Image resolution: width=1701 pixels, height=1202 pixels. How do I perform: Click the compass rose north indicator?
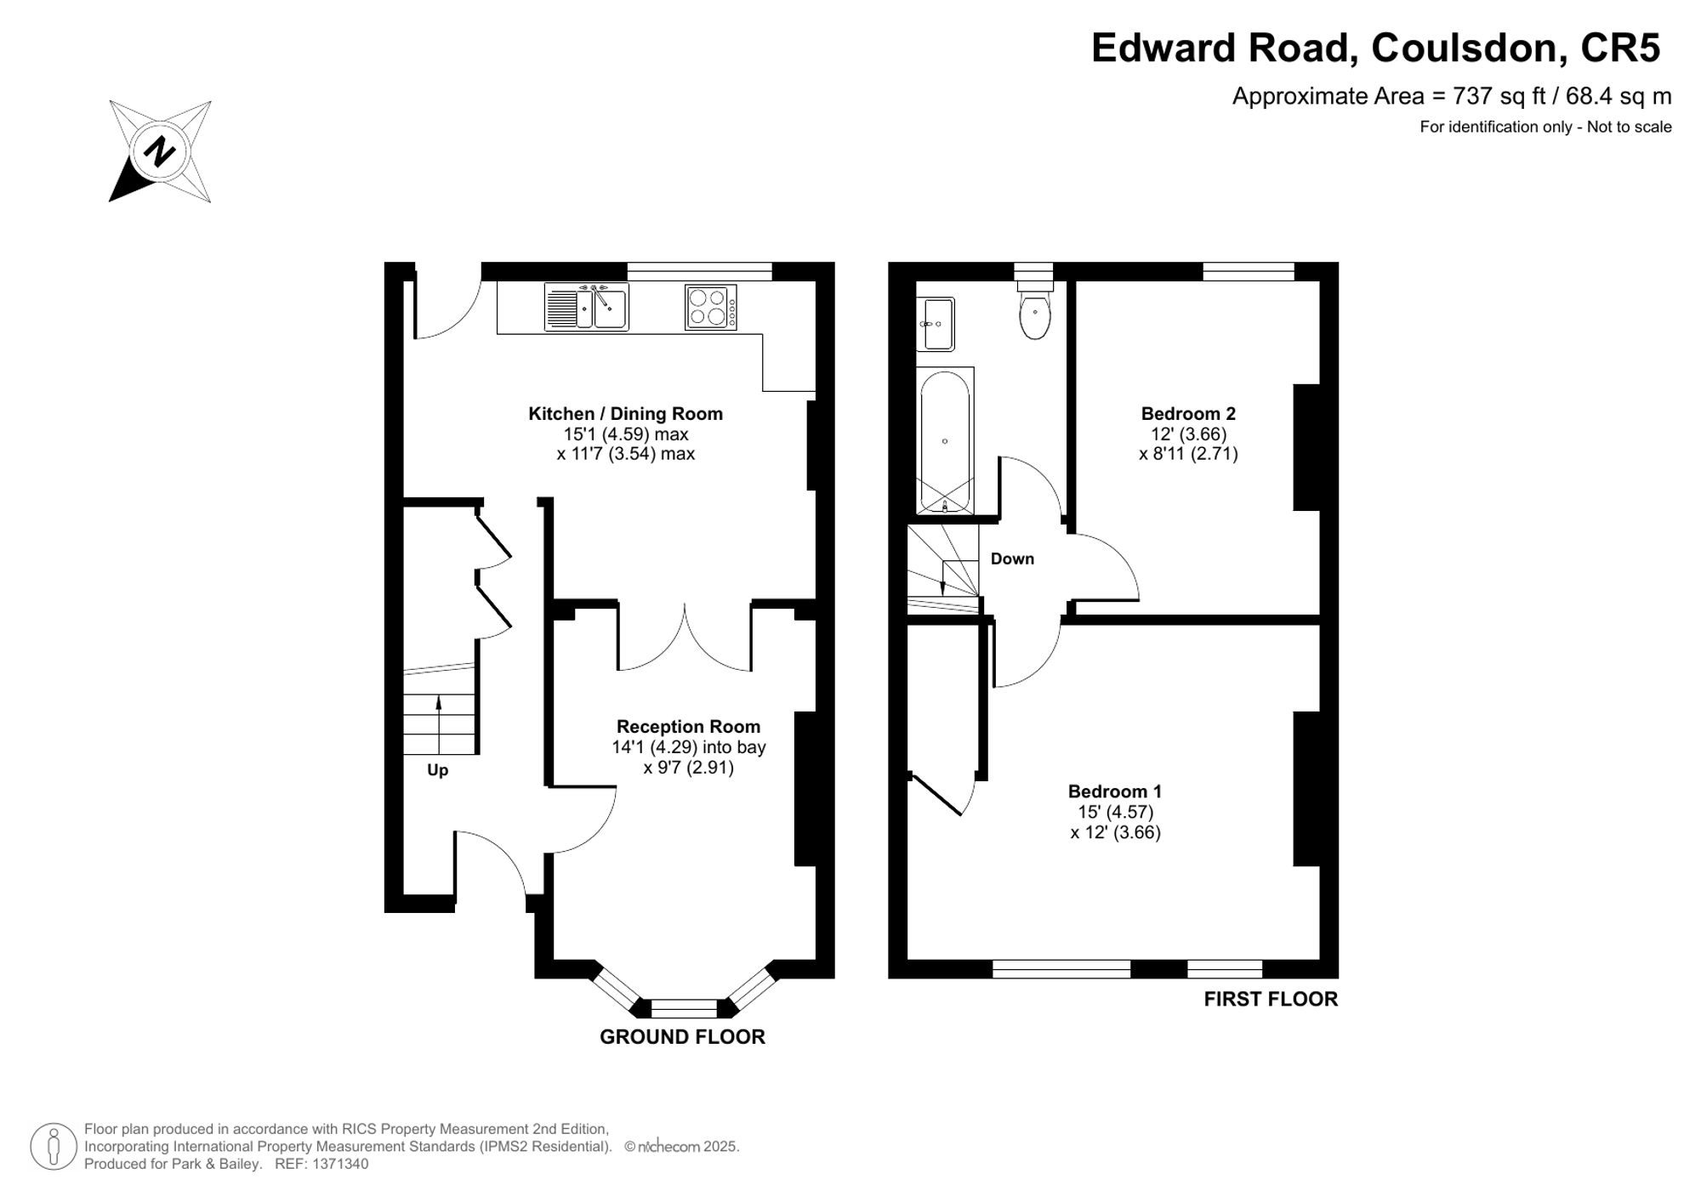point(160,151)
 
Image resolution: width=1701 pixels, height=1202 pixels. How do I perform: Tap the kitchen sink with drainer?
point(586,306)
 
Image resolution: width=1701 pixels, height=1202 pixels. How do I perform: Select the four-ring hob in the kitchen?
point(711,307)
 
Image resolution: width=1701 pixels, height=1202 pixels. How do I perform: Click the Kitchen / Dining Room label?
point(626,414)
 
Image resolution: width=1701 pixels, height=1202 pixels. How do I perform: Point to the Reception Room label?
point(688,727)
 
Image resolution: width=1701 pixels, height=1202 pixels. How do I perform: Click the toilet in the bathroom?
point(1035,310)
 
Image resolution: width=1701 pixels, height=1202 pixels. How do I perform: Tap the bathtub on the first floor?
point(945,441)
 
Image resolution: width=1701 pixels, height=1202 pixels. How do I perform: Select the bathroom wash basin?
point(936,324)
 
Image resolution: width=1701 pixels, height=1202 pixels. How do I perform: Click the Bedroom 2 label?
point(1188,414)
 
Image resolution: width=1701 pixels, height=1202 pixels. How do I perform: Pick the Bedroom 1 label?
point(1115,791)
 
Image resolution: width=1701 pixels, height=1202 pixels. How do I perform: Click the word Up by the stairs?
point(437,770)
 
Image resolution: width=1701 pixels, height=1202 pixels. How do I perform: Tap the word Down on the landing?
point(1012,558)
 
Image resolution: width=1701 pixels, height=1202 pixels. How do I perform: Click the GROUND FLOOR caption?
point(682,1037)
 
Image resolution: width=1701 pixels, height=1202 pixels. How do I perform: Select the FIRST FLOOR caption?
point(1271,1000)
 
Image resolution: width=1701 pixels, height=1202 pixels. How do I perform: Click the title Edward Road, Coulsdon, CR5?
point(1375,48)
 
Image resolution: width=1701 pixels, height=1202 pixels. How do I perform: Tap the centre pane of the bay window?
point(684,1009)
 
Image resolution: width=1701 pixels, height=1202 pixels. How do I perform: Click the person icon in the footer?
point(54,1147)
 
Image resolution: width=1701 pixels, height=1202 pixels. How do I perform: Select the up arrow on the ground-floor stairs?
point(439,724)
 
